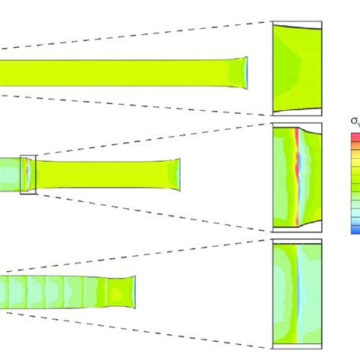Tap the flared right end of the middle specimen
click(177, 174)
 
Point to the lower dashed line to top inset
click(137, 107)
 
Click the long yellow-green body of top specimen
click(114, 72)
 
